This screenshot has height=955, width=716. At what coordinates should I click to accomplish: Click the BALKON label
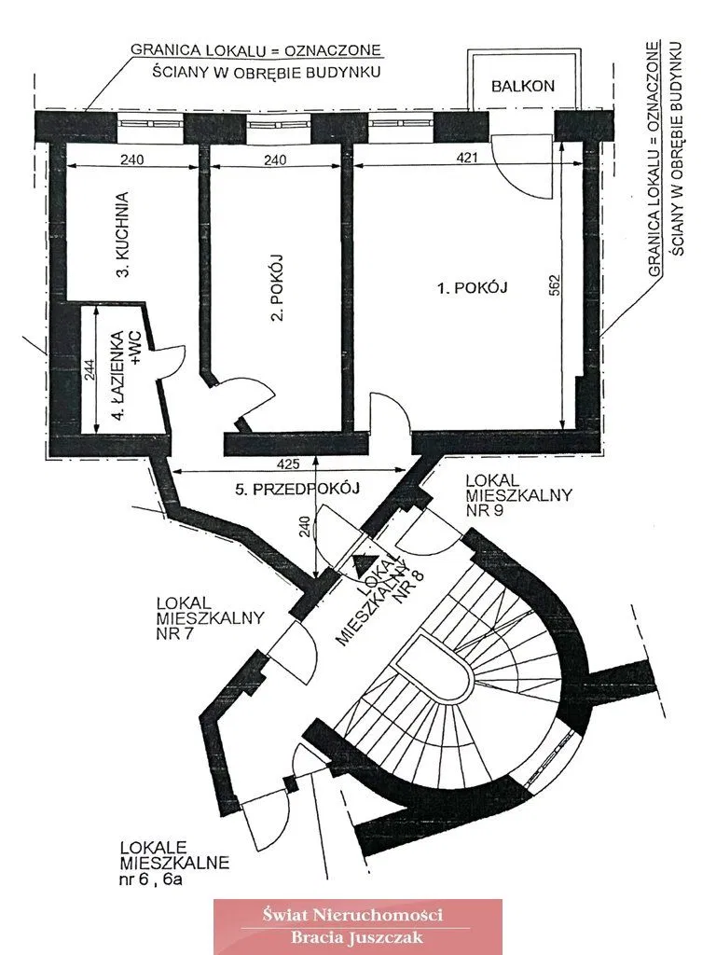[x=523, y=86]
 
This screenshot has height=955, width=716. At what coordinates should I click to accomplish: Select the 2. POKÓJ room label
[x=278, y=287]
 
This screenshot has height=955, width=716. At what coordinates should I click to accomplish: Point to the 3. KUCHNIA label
[x=123, y=234]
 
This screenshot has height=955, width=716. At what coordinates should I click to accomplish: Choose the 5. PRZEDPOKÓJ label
[x=297, y=488]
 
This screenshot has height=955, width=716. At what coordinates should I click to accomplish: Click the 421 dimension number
[x=467, y=157]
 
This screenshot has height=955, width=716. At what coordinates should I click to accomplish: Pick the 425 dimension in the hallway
[x=288, y=464]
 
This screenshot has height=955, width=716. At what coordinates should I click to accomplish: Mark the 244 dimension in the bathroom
[x=89, y=369]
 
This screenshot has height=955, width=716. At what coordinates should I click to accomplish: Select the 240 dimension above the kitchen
[x=132, y=159]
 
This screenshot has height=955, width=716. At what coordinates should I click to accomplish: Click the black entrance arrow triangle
[x=363, y=564]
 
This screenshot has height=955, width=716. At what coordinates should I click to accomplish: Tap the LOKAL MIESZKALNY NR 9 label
[x=518, y=494]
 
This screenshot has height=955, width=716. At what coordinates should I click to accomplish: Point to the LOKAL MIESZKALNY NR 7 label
[x=210, y=617]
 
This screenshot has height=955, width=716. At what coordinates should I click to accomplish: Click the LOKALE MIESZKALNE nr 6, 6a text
[x=174, y=862]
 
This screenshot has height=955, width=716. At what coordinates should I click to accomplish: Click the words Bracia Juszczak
[x=357, y=936]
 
